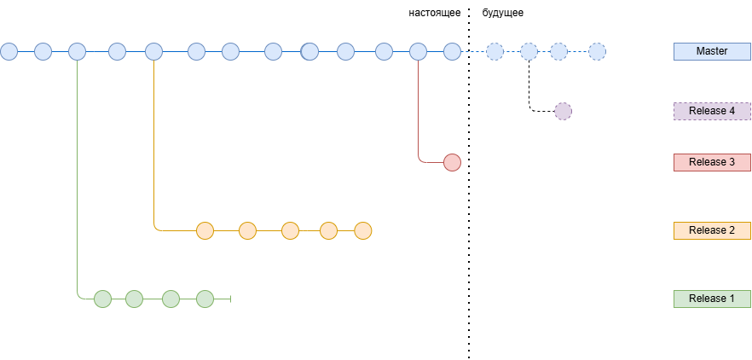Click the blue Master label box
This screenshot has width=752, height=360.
point(712,51)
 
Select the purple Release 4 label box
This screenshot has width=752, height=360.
point(712,111)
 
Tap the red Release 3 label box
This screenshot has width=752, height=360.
point(712,162)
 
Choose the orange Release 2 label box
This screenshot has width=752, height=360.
point(712,230)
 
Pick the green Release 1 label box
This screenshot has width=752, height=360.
point(712,299)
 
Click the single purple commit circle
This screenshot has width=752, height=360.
point(563,111)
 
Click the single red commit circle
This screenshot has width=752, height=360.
point(452,162)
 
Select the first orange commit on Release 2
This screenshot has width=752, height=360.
point(205,230)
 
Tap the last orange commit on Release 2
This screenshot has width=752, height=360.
point(363,230)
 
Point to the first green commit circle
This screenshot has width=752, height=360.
point(102,299)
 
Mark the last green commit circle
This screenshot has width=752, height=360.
point(205,299)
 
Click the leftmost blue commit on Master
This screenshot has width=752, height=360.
point(9,51)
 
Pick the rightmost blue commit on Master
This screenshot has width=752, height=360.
point(597,51)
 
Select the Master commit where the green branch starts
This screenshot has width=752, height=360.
point(77,51)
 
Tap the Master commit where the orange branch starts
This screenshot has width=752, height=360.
point(153,51)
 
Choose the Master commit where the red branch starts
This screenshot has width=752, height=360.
point(418,51)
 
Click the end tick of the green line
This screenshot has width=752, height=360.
point(231,299)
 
